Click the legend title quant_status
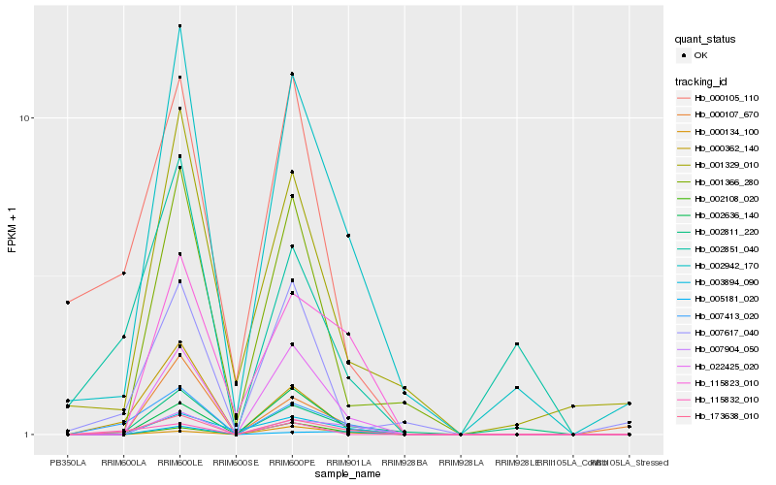(x=705, y=39)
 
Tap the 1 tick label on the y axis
(x=30, y=435)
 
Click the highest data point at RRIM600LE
(x=180, y=26)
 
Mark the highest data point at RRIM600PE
(x=292, y=74)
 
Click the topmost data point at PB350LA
(x=68, y=303)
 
